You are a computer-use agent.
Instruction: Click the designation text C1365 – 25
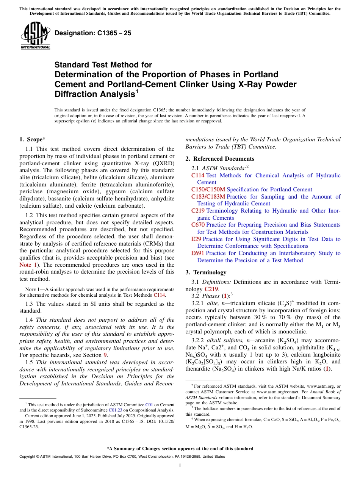click(x=93, y=33)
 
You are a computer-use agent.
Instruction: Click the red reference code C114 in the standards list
click(x=198, y=175)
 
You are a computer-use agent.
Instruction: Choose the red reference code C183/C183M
click(x=208, y=197)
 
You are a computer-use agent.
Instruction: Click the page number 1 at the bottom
click(x=180, y=466)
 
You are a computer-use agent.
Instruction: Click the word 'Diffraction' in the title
click(x=74, y=94)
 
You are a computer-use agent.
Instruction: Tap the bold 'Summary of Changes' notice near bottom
click(x=180, y=449)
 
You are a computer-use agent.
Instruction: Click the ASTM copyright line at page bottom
click(x=122, y=457)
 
